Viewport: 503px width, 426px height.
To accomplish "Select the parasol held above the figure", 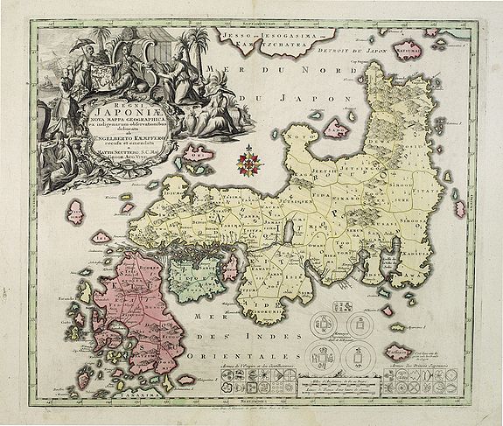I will click(80, 43).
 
